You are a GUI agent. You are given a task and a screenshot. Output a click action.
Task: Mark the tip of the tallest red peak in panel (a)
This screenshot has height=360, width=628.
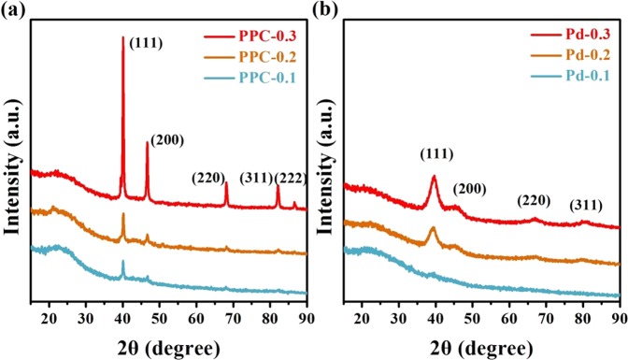(x=122, y=36)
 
